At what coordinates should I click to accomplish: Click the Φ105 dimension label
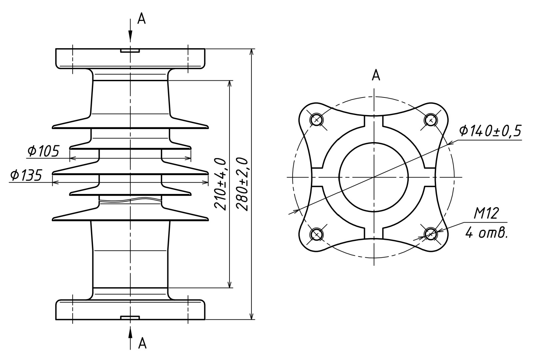tap(43, 151)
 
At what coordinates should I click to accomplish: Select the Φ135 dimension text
tap(26, 175)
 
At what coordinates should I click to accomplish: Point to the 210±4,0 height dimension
tap(220, 184)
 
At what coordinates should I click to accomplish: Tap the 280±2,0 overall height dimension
tap(243, 184)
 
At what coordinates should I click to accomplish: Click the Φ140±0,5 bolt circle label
tap(490, 131)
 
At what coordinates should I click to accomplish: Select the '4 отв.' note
tap(487, 233)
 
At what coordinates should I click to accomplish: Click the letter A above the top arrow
tap(141, 19)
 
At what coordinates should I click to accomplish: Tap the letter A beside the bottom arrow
tap(142, 343)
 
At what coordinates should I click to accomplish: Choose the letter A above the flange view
tap(376, 75)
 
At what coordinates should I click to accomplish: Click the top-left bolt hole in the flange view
tap(316, 120)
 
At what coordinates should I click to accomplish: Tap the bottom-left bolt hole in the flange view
tap(316, 234)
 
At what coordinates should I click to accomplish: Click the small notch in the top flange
tap(130, 51)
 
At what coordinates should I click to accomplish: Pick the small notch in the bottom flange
tap(130, 318)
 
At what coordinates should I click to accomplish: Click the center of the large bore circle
tap(374, 177)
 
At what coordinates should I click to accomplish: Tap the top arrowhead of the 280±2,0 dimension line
tap(251, 52)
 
